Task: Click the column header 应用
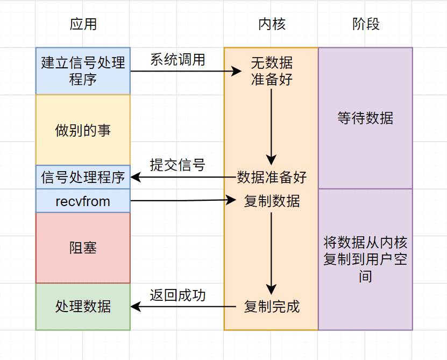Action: click(83, 24)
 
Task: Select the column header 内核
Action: click(272, 24)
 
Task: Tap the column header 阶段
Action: click(366, 24)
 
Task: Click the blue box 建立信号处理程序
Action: click(83, 70)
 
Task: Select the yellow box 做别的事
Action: click(83, 130)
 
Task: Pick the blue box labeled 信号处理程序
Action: click(83, 177)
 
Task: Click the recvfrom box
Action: click(83, 201)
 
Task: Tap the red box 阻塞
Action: click(83, 248)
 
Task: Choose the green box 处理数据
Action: click(83, 307)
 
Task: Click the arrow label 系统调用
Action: click(178, 59)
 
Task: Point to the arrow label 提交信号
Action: click(178, 165)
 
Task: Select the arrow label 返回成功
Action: click(178, 295)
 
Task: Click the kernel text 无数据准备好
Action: click(272, 71)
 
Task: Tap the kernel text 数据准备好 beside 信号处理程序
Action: click(272, 177)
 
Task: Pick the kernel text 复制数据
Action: click(272, 201)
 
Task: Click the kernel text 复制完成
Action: click(272, 307)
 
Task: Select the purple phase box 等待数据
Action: click(365, 118)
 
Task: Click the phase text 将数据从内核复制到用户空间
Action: click(365, 259)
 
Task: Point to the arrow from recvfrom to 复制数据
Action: click(183, 201)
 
